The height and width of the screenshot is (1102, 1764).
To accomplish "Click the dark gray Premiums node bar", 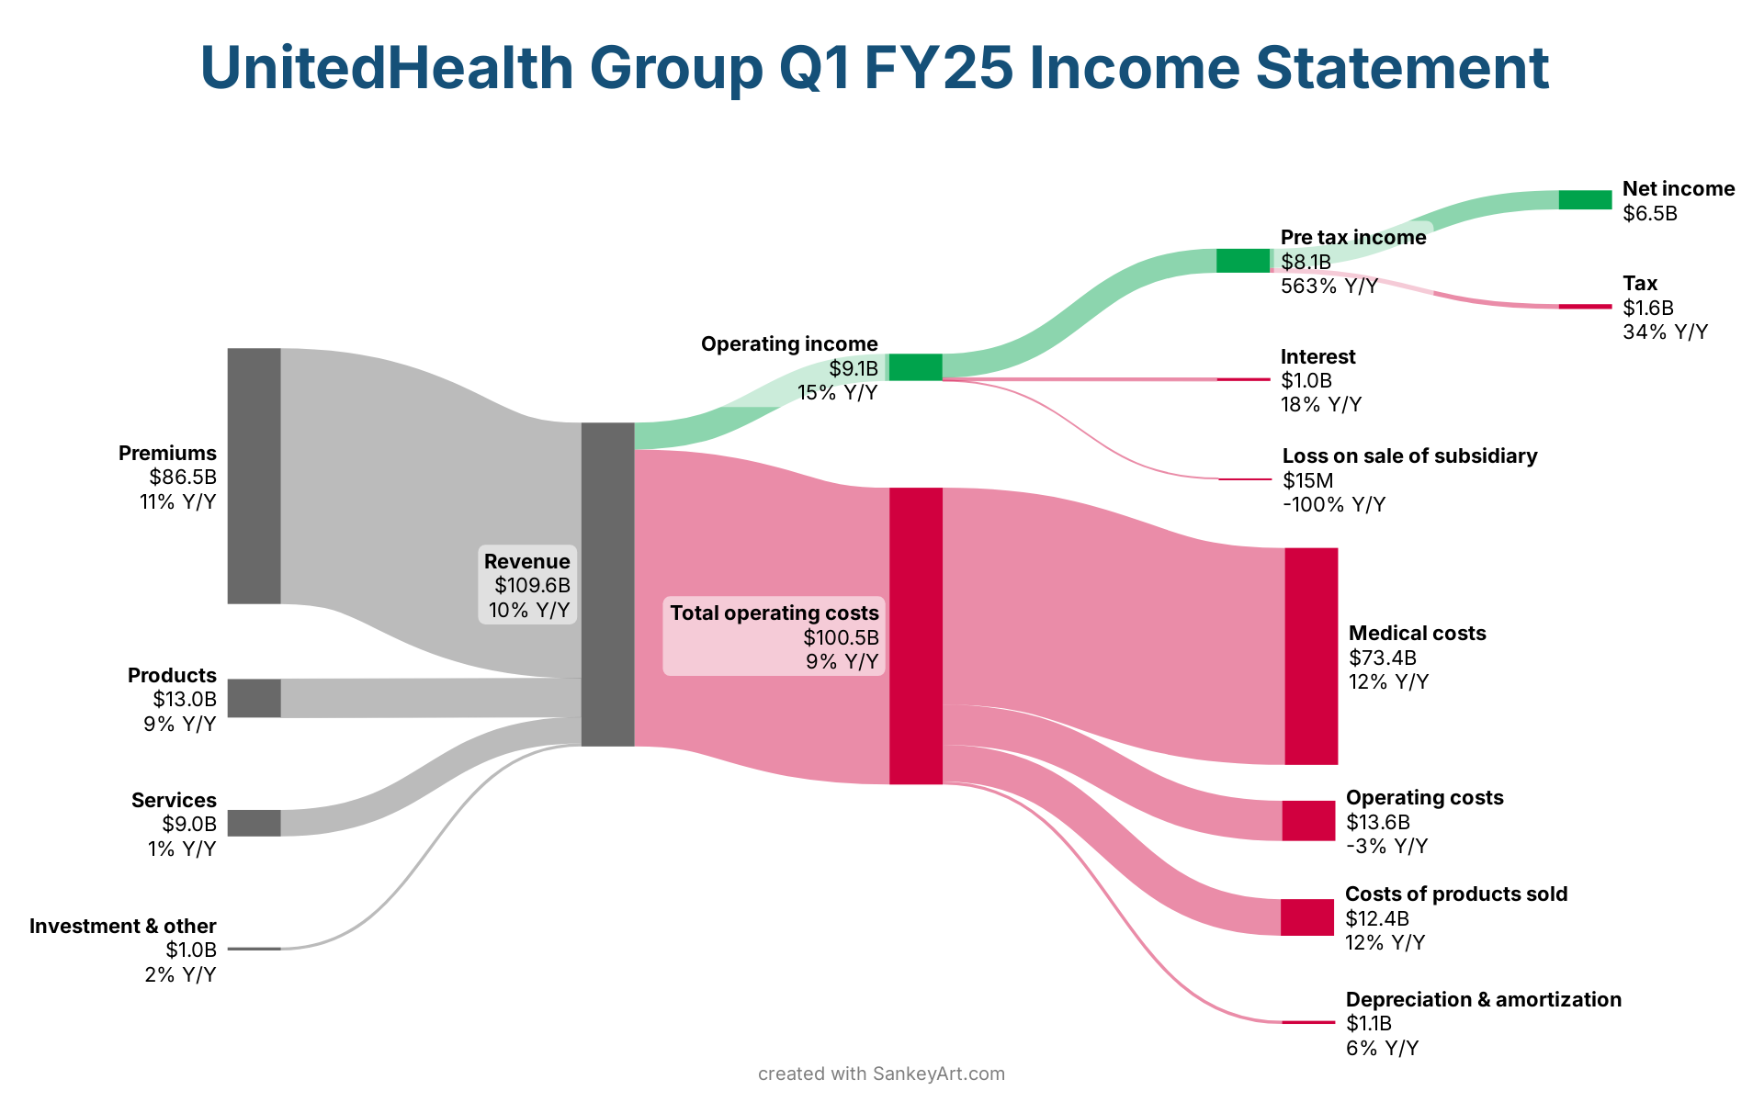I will pos(254,476).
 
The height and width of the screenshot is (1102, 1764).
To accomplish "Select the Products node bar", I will pos(254,698).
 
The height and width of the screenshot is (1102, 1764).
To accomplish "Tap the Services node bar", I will pos(254,823).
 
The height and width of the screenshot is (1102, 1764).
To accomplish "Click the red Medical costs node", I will pos(1311,656).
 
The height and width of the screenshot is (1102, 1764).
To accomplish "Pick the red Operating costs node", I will pos(1308,820).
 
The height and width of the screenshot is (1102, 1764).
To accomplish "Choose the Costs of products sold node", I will pos(1306,917).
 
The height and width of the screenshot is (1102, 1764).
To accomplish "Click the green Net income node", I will pos(1585,199).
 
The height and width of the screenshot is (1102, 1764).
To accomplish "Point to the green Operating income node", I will pos(915,366).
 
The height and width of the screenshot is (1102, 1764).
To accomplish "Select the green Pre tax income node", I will pos(1242,261).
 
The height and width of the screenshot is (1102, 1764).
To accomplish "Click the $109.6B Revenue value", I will pos(532,586).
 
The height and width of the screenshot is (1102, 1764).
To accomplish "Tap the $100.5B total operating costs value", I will pos(841,637).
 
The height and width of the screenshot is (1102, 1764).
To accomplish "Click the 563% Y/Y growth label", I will pos(1329,287).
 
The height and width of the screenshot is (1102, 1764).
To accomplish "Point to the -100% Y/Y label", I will pos(1333,505).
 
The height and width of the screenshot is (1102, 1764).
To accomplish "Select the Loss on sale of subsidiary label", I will pos(1408,456).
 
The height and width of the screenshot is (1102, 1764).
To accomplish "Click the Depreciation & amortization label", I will pos(1483,999).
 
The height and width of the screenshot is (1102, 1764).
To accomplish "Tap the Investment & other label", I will pos(122,926).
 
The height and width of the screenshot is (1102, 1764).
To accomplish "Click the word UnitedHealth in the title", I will pos(387,68).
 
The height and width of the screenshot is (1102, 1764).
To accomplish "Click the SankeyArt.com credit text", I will pos(938,1074).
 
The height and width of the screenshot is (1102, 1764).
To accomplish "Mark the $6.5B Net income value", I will pos(1649,214).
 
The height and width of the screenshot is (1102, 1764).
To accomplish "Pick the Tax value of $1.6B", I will pos(1647,308).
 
